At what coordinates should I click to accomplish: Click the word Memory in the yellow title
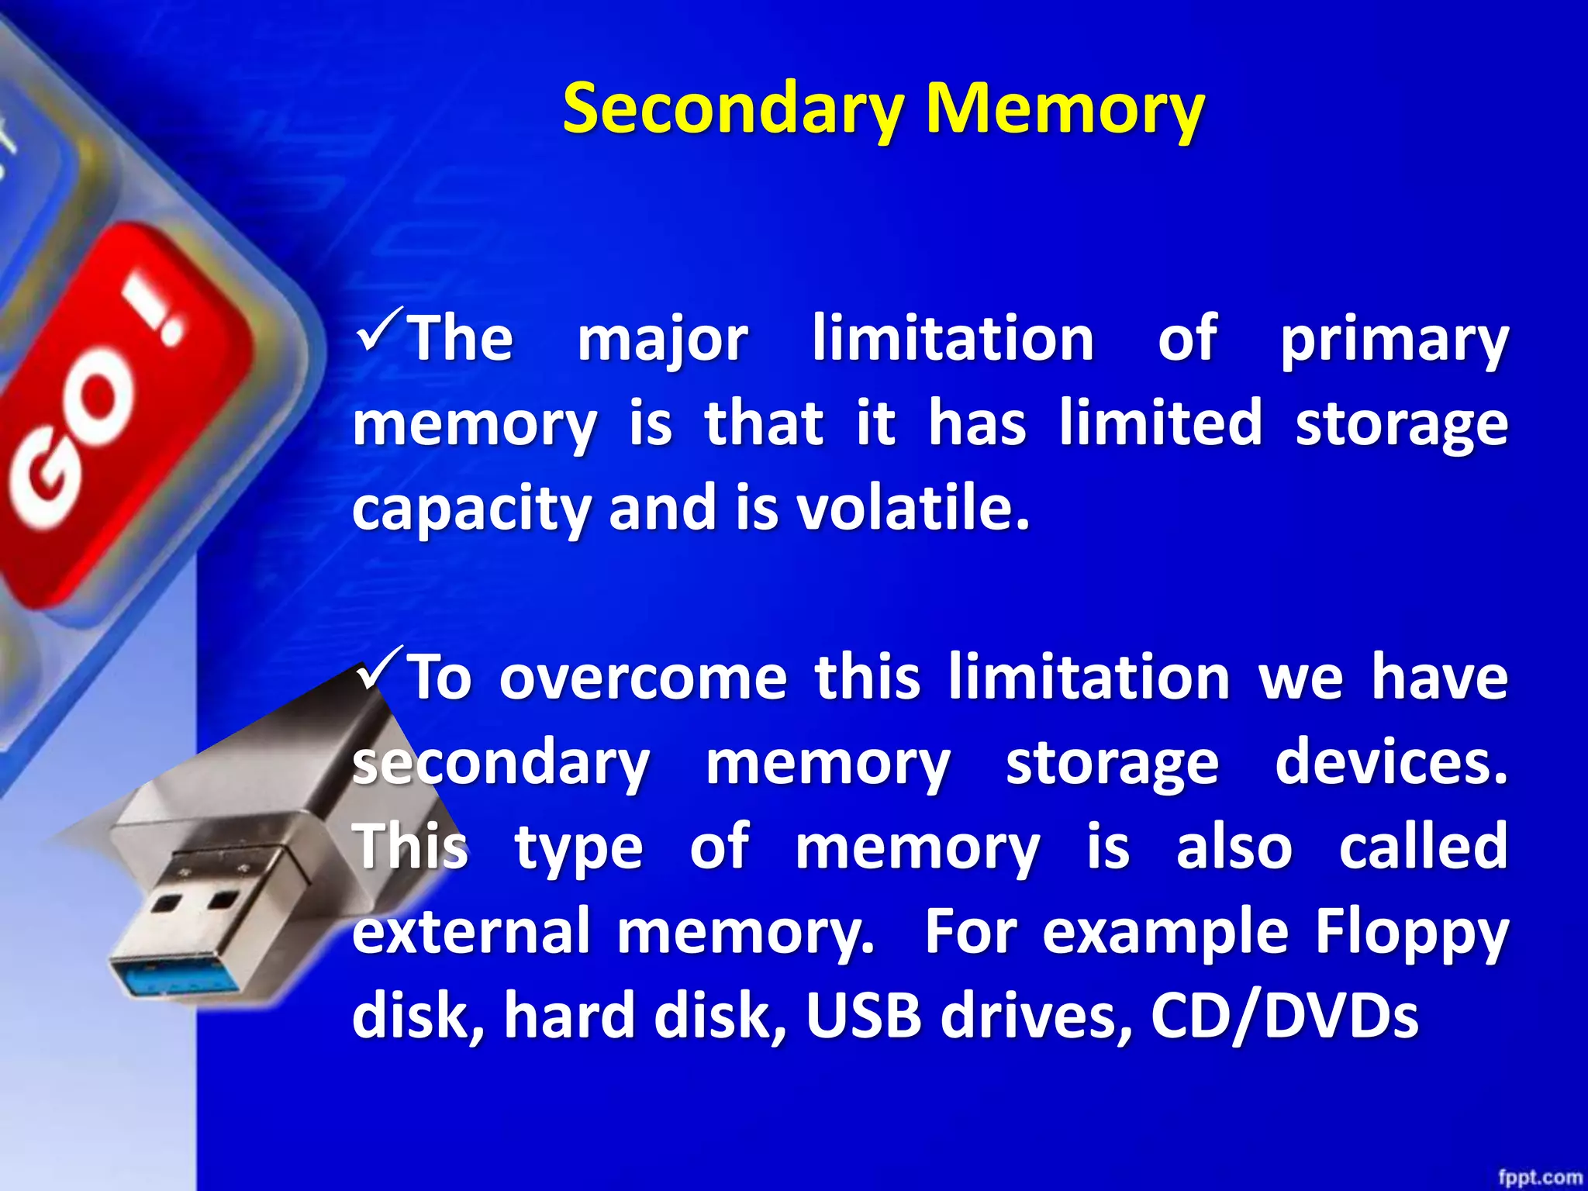pos(1065,109)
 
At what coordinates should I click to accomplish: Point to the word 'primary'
pos(1393,341)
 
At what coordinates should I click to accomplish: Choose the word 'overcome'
pos(643,678)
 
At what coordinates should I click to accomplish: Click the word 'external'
pos(471,930)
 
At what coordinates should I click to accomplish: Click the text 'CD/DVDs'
pos(1284,1016)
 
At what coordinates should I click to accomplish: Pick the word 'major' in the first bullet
pos(662,341)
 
